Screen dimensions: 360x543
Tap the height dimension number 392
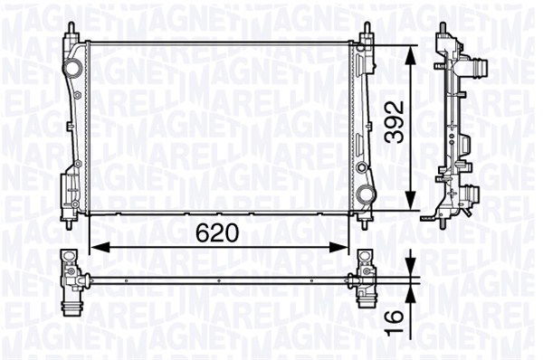coord(391,124)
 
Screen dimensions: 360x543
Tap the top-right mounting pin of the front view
coord(367,29)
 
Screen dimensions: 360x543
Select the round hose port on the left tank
coord(70,70)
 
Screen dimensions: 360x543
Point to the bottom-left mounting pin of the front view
coord(71,217)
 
